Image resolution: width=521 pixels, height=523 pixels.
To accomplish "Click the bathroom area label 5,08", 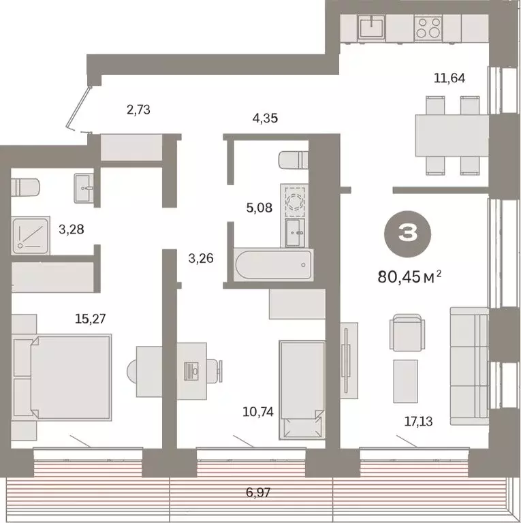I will pyautogui.click(x=259, y=206).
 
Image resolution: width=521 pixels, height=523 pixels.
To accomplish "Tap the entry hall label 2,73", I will pyautogui.click(x=138, y=108).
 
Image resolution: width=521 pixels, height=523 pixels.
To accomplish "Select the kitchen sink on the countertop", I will pyautogui.click(x=372, y=28).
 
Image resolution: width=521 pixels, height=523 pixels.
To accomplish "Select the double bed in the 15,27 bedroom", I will pyautogui.click(x=68, y=379).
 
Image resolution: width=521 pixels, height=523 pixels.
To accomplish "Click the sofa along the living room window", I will pyautogui.click(x=470, y=358).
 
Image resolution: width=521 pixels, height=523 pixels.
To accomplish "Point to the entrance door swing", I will pyautogui.click(x=79, y=109).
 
